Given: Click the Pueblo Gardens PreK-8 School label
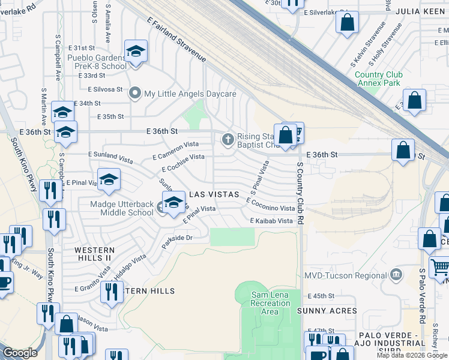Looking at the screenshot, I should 97,62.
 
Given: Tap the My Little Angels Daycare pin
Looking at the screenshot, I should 135,94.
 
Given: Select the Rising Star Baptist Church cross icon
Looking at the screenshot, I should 228,140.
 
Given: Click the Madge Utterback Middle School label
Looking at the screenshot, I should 122,208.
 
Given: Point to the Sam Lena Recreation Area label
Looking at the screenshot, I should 270,303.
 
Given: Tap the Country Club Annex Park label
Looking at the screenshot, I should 379,79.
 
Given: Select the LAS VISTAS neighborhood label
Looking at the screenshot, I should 214,195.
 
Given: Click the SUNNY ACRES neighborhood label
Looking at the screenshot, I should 327,311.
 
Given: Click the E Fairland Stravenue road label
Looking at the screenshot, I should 176,40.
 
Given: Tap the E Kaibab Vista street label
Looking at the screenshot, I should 271,221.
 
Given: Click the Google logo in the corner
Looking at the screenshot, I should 20,353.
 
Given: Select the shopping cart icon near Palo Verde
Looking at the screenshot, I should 439,265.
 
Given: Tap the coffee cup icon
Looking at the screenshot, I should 4,282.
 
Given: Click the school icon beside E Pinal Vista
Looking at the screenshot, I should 109,180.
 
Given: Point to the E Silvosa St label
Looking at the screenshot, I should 105,89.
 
